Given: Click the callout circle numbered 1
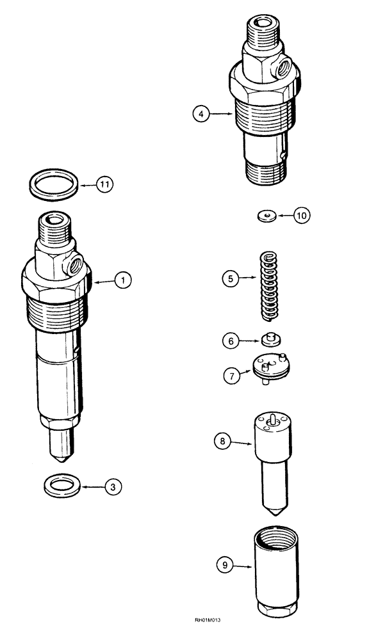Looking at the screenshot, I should click(124, 280).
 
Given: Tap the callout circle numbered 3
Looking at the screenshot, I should click(113, 488).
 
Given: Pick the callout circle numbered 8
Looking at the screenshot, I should click(222, 441).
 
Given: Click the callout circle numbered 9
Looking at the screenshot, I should click(224, 565).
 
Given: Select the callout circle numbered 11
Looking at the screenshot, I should click(105, 184).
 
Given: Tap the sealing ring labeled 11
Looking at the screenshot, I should click(55, 184).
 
